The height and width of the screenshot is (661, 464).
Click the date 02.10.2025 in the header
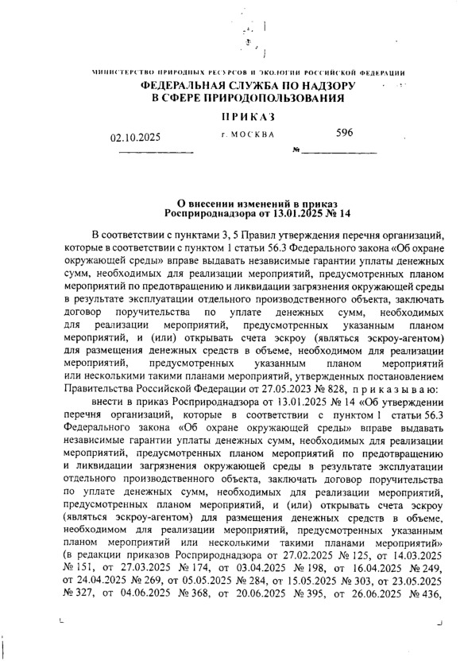[x=135, y=137]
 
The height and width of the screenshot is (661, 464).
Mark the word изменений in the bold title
[x=256, y=203]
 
